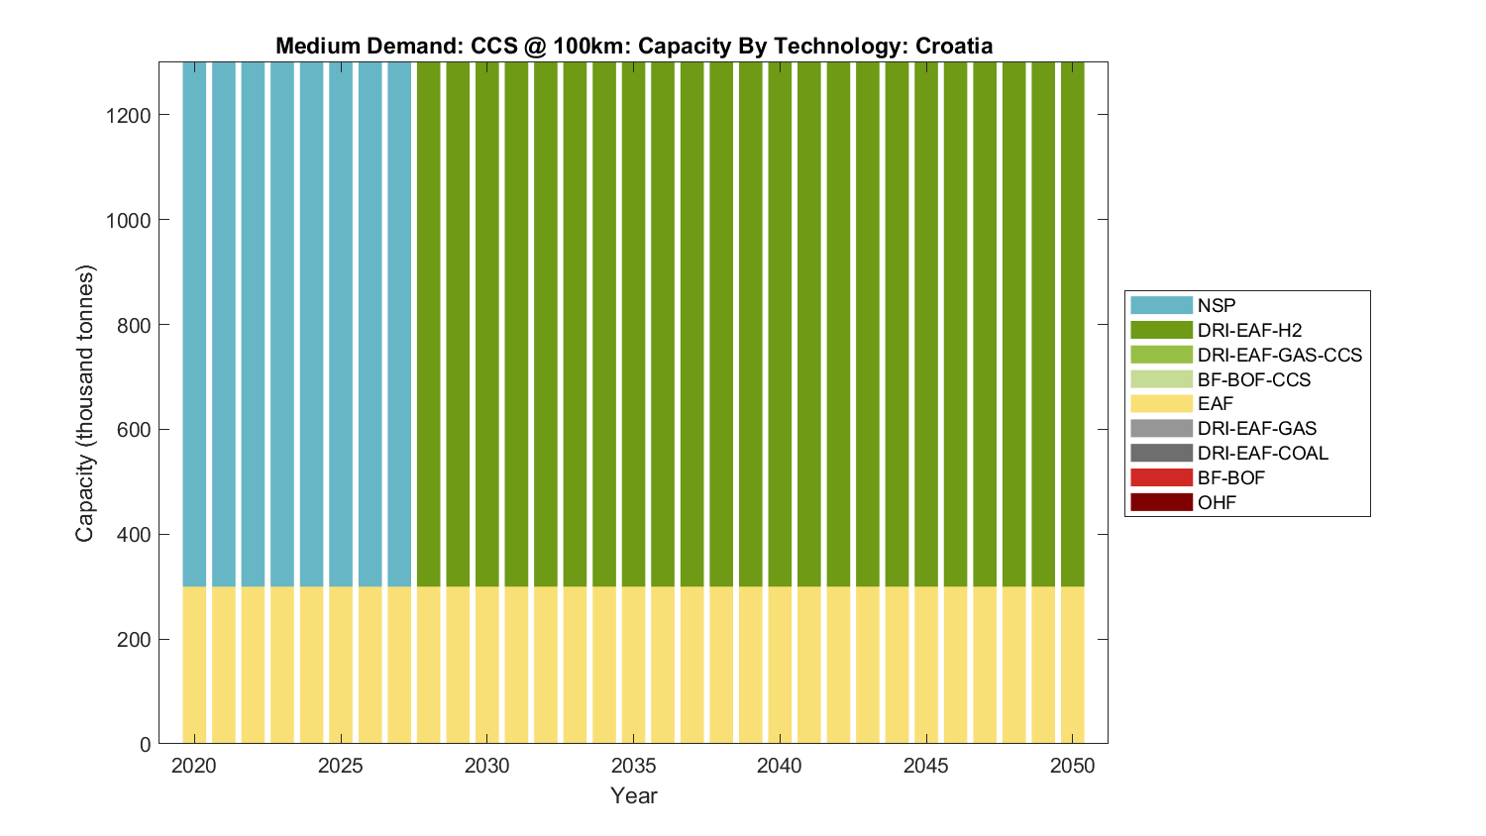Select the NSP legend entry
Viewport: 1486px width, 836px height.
coord(1216,305)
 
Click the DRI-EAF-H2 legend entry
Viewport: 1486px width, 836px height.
coord(1249,330)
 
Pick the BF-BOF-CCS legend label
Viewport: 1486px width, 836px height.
coord(1253,379)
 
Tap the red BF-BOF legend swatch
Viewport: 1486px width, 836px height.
coord(1161,477)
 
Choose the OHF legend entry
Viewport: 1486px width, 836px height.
coord(1217,502)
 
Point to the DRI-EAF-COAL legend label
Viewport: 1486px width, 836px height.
coord(1262,453)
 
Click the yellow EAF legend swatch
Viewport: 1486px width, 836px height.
coord(1161,403)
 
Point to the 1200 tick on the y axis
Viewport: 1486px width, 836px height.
coord(128,116)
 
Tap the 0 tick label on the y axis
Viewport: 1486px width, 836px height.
coord(145,744)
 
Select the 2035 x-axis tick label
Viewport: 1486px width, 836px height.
coord(633,766)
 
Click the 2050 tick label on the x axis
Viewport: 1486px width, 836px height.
coord(1072,766)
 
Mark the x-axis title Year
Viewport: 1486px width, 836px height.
coord(633,795)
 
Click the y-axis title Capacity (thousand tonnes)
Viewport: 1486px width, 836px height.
coord(85,403)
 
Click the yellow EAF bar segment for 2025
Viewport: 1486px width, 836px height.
coord(341,665)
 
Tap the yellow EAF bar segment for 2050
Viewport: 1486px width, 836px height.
coord(1072,665)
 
